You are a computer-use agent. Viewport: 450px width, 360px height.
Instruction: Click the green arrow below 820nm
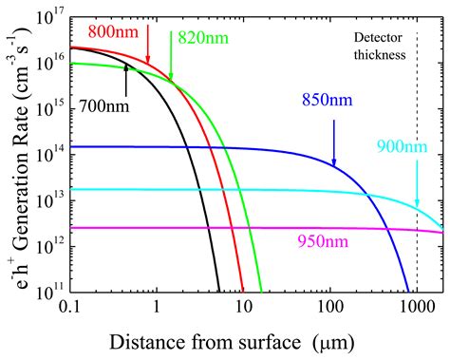[x=172, y=63]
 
